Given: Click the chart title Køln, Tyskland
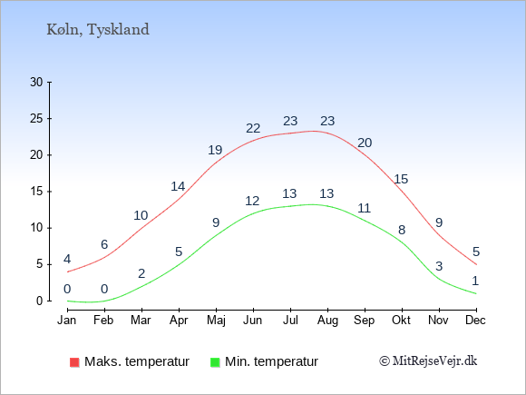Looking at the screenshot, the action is (98, 30).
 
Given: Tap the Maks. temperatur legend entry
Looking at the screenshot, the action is (130, 361).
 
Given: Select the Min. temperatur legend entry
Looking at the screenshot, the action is (264, 361).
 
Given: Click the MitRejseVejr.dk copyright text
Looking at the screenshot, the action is (428, 360).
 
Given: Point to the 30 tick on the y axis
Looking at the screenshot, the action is (36, 82).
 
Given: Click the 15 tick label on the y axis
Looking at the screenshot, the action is (36, 192).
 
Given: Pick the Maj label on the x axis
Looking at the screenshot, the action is (216, 321).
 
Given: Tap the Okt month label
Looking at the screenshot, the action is (401, 321).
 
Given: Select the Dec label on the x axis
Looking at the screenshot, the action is (475, 321).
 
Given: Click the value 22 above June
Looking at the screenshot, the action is (253, 128).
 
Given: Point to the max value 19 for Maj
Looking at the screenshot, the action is (215, 150).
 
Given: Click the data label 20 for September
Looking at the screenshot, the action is (365, 143).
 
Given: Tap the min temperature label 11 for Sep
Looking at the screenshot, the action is (364, 208).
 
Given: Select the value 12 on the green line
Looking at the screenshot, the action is (252, 201).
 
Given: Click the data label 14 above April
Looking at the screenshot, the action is (178, 186).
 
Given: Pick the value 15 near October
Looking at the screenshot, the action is (401, 180).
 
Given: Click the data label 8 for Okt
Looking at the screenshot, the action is (402, 230).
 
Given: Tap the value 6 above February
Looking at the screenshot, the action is (104, 244).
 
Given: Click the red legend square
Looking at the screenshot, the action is (74, 362).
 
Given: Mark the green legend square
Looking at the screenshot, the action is (215, 362).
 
